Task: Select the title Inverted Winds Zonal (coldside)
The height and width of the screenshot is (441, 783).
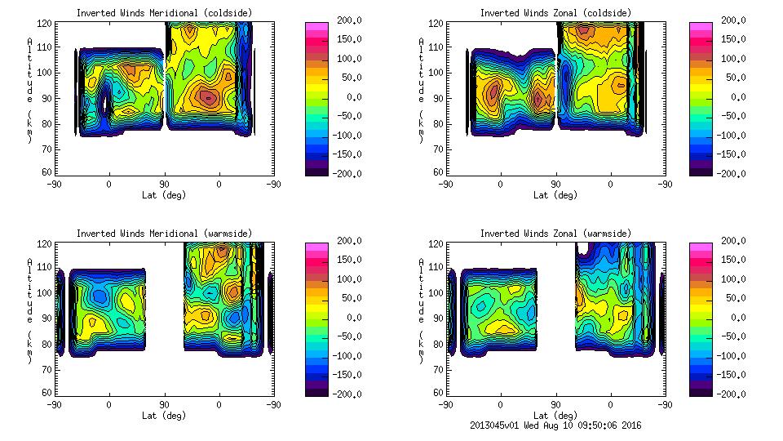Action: click(x=555, y=13)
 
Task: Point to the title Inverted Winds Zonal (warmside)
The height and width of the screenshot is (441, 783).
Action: click(x=555, y=234)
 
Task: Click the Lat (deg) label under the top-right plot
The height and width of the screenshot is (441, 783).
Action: click(x=555, y=195)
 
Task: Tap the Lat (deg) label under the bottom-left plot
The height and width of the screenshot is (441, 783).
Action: click(x=163, y=416)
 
